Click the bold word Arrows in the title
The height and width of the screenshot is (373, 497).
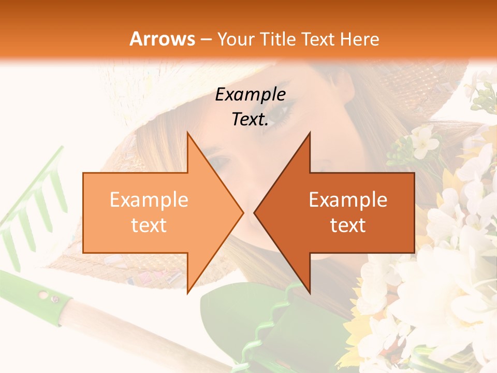(x=163, y=39)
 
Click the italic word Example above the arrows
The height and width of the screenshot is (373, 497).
(x=250, y=94)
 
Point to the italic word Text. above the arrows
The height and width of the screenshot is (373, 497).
(x=250, y=119)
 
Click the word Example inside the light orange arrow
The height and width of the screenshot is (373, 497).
(x=149, y=200)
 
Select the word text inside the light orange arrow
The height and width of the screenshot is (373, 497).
(x=149, y=225)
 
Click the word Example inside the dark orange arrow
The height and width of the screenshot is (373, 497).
(x=348, y=200)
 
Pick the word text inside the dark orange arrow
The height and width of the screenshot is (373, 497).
(x=348, y=225)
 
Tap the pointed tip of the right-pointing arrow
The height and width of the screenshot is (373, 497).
(x=242, y=212)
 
